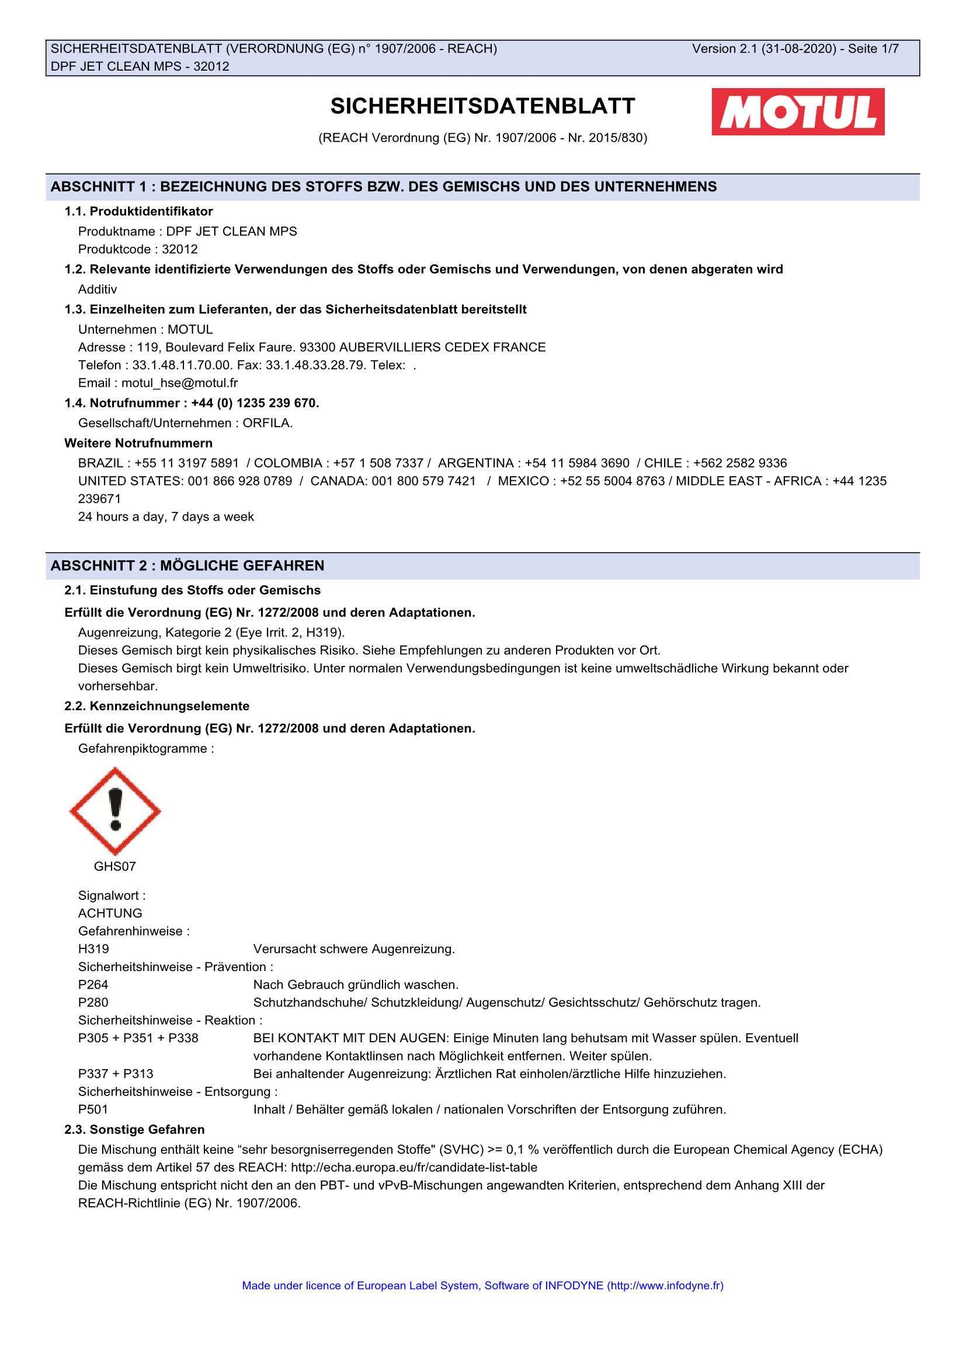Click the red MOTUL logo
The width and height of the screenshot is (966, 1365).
(798, 112)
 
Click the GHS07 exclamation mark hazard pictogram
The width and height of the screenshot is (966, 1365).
(115, 811)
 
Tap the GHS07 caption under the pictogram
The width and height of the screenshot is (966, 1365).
(115, 866)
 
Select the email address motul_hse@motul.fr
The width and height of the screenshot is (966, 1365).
(180, 383)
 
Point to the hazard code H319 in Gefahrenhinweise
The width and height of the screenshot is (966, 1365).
(93, 949)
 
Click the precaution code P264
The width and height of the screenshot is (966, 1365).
(93, 985)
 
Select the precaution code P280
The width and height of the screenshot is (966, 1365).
(93, 1003)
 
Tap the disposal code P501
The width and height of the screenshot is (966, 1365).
(93, 1109)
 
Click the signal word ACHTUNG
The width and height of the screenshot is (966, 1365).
(110, 913)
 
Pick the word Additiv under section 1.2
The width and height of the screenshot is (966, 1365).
(98, 289)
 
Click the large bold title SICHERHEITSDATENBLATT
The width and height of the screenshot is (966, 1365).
(482, 106)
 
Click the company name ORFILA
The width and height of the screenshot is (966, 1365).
(267, 423)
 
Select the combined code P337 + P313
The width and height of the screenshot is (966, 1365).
(116, 1074)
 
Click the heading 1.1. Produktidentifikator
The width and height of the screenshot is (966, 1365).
(138, 212)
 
